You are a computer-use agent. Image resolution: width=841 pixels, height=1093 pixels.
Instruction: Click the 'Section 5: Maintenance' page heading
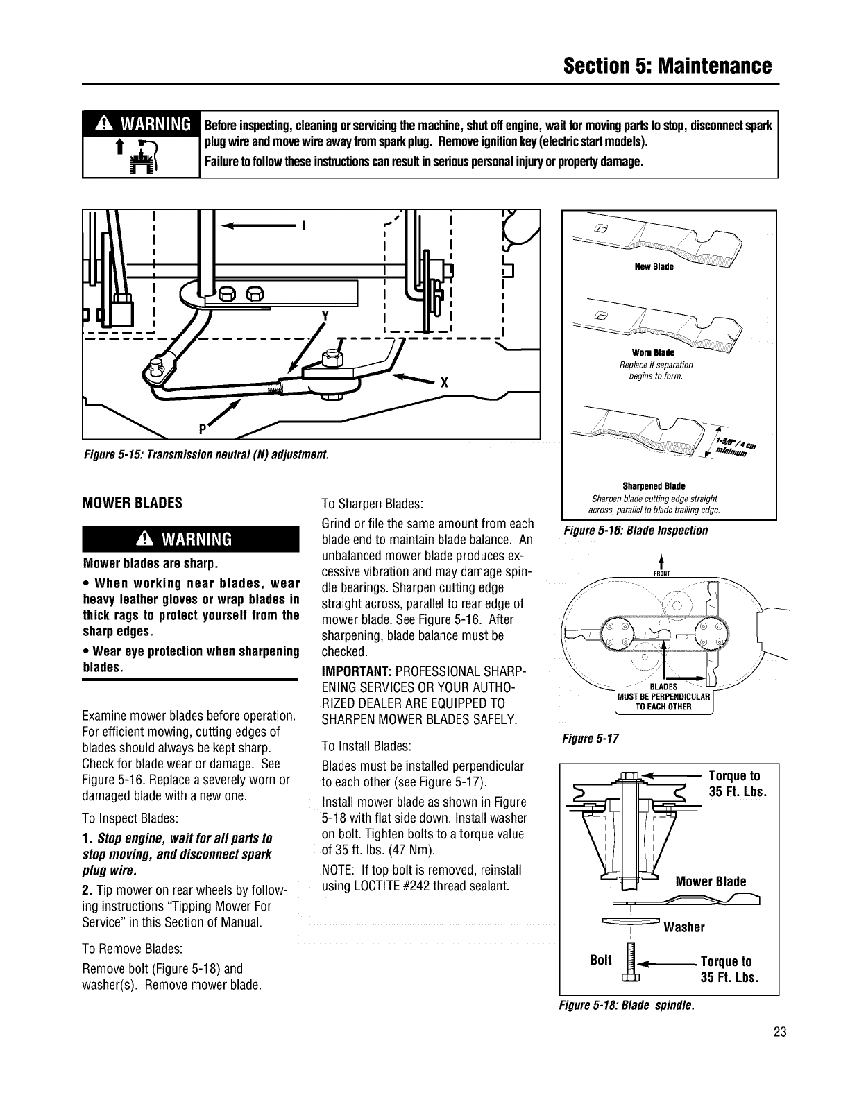coord(668,67)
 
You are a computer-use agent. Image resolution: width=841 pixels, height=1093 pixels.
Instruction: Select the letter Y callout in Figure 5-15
coord(323,314)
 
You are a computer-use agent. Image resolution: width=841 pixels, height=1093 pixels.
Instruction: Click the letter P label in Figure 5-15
coord(203,428)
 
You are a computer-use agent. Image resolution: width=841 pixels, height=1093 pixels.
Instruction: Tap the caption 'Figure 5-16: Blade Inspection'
coord(636,531)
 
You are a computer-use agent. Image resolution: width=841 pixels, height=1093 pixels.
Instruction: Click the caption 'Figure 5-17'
coord(591,738)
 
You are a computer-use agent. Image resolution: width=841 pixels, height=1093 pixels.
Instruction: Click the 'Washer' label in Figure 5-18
coord(684,927)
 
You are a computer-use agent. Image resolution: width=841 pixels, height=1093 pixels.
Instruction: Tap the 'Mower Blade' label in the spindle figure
coord(711,881)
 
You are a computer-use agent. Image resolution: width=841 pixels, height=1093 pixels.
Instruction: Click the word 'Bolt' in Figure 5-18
coord(601,960)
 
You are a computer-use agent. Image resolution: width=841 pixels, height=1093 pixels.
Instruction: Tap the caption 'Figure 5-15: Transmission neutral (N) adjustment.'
coord(205,455)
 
